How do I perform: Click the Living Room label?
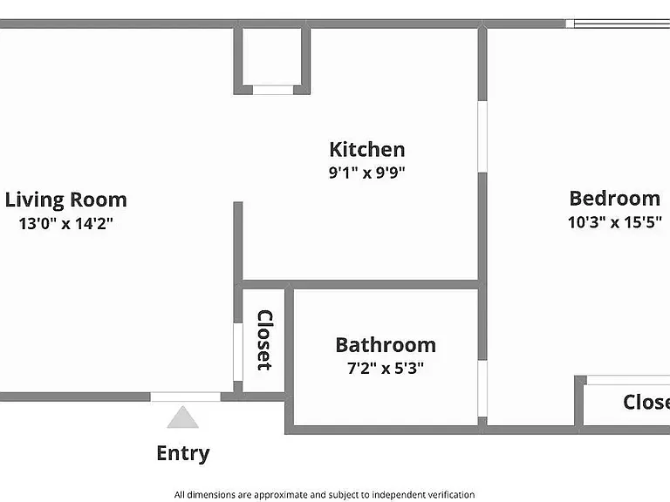(x=65, y=200)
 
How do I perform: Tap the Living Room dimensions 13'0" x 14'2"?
(x=65, y=223)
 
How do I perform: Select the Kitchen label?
(x=367, y=149)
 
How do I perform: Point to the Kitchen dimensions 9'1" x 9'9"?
(x=367, y=173)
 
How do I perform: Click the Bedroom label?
(x=615, y=199)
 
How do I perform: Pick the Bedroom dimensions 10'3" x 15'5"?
(x=615, y=222)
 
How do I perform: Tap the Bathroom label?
(x=386, y=345)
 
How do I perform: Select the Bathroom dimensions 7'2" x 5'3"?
(x=386, y=368)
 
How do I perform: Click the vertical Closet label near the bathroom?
(x=264, y=340)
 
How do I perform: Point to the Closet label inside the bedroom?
(x=646, y=402)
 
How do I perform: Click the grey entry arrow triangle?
(x=183, y=417)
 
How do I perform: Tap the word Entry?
(x=183, y=453)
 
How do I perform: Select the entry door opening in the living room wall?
(x=186, y=397)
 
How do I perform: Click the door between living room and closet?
(x=238, y=352)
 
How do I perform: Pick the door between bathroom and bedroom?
(x=482, y=389)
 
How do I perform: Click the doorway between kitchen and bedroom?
(x=482, y=137)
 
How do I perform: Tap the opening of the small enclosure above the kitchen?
(x=273, y=90)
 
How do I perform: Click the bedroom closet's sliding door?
(x=628, y=380)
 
